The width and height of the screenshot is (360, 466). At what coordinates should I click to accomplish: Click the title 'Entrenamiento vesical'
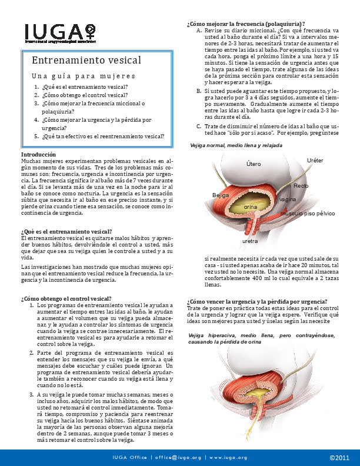click(x=86, y=61)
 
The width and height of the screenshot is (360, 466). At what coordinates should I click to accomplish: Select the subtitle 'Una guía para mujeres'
click(x=84, y=76)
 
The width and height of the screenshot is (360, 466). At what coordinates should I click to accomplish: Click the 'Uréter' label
click(x=315, y=160)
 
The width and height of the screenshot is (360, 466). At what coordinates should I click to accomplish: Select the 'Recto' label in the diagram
click(x=301, y=186)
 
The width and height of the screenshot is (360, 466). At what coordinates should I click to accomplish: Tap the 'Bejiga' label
click(x=220, y=195)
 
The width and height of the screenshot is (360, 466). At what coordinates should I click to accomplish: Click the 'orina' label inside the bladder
click(x=251, y=208)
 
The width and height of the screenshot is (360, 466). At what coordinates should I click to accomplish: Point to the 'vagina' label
click(x=288, y=200)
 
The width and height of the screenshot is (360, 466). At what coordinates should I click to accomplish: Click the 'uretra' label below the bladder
click(x=250, y=241)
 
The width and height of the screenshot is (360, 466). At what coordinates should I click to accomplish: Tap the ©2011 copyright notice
click(x=339, y=457)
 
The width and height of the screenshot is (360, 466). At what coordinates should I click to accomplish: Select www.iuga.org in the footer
click(x=228, y=457)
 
